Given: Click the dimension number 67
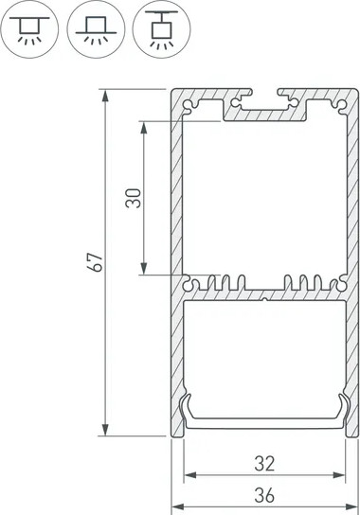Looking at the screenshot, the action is tap(96, 262).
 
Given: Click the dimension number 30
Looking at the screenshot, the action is tap(134, 198).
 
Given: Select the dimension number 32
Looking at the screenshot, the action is tap(264, 464).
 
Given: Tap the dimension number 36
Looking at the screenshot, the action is tap(264, 495).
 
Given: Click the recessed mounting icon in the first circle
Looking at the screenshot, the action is tap(29, 29).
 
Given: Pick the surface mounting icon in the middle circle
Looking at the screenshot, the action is tap(96, 29).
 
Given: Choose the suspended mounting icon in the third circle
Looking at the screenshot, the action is tap(161, 29).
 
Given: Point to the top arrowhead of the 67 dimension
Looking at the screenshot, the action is tap(105, 97).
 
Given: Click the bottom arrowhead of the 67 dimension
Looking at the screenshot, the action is tap(105, 429).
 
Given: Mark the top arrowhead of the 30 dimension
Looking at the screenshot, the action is tap(144, 128).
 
